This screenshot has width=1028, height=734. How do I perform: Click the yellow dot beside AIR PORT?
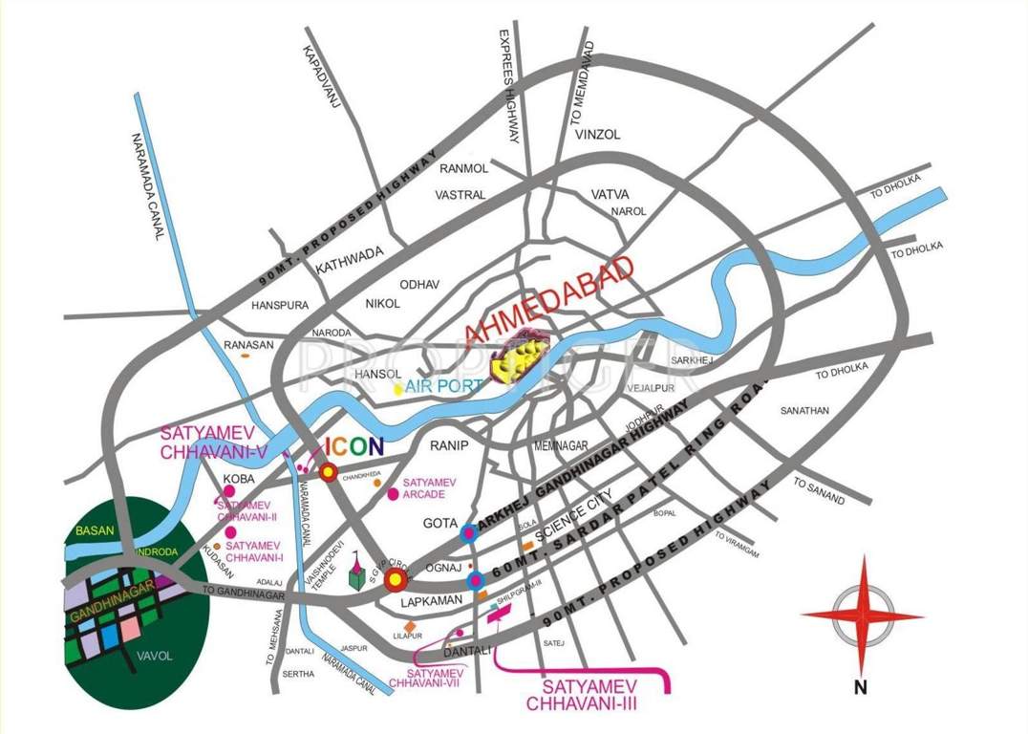[x=397, y=388]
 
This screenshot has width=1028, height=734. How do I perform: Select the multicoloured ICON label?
[x=354, y=445]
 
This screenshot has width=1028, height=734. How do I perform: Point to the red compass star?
[x=862, y=615]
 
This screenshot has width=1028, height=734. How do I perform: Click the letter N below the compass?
[x=860, y=685]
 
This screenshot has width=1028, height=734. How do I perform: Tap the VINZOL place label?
[x=598, y=136]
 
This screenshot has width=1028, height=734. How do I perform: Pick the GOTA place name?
[x=439, y=524]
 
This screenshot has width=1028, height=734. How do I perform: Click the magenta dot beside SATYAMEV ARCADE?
[x=393, y=494]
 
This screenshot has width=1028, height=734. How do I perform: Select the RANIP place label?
[x=447, y=445]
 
